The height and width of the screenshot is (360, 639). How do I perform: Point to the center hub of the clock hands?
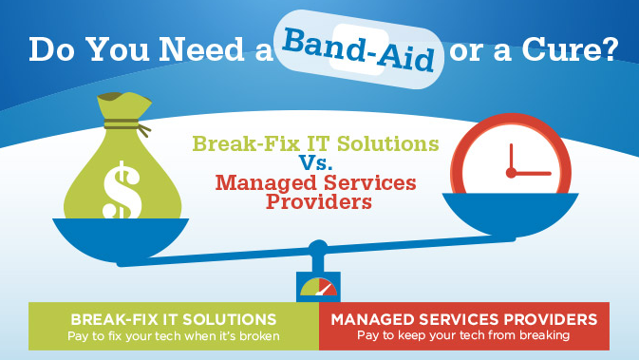512,173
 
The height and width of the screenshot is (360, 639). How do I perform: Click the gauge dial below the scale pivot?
317,286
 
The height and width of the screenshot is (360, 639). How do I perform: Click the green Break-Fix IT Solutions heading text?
316,143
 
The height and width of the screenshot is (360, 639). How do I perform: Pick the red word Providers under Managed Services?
316,201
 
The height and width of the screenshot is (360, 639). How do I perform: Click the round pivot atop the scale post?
317,249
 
